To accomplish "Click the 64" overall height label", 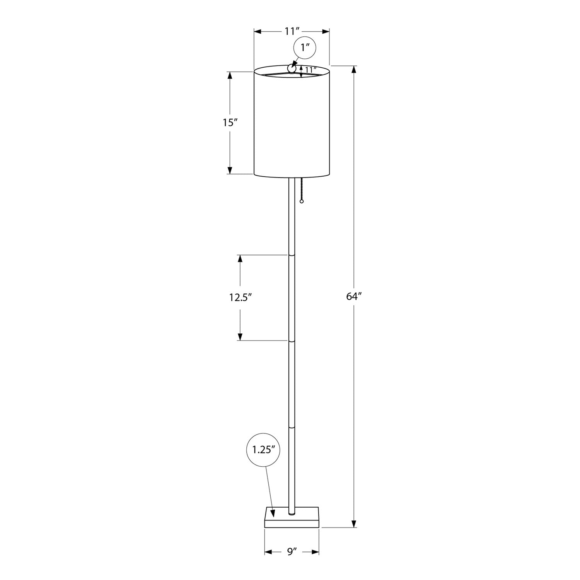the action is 353,297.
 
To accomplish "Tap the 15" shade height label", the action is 230,123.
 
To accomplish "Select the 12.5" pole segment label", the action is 240,297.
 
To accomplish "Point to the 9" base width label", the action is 292,552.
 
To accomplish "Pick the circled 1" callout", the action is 305,48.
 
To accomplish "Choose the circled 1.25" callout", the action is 263,449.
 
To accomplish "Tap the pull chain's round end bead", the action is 302,201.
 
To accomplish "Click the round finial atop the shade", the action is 291,68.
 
